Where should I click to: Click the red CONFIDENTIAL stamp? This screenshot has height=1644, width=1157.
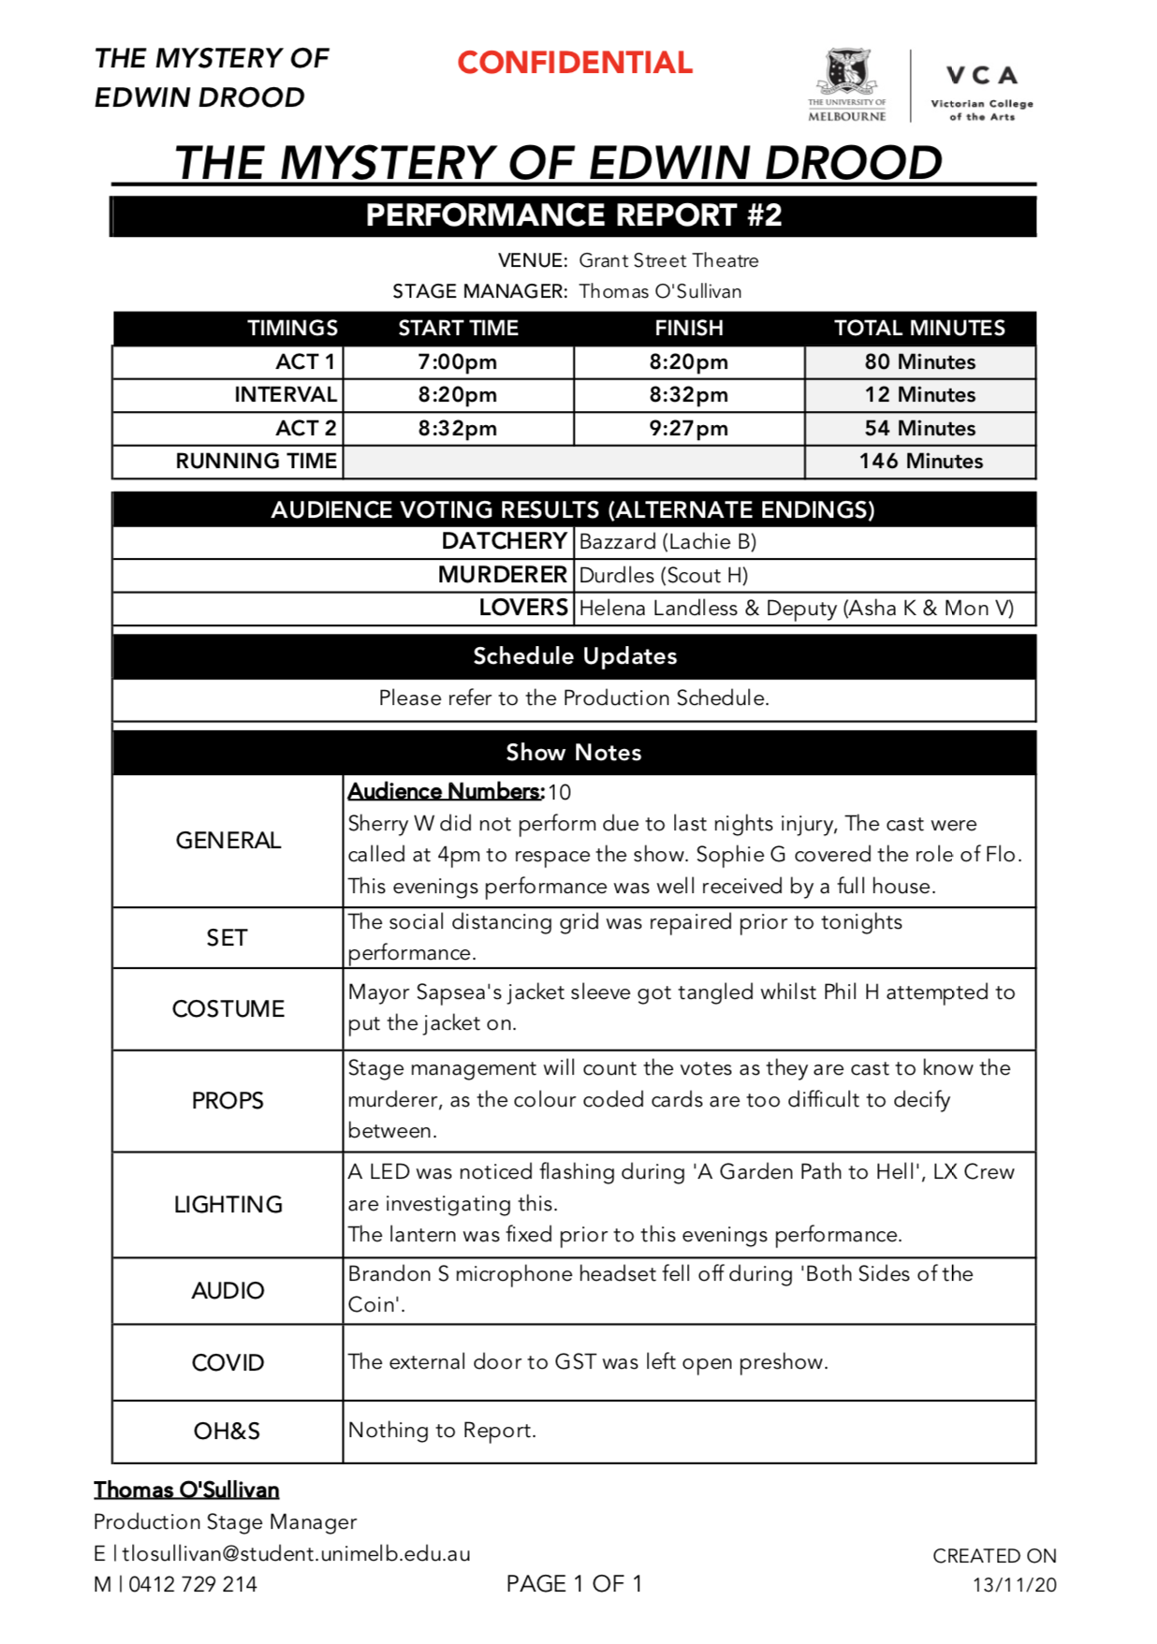click(575, 63)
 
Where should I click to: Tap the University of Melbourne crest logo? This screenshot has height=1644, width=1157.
click(846, 84)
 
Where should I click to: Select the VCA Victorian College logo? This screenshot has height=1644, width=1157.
click(981, 92)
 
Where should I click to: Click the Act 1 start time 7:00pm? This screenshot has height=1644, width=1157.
click(458, 362)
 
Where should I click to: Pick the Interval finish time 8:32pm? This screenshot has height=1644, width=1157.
click(689, 395)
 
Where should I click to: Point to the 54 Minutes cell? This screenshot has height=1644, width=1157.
click(920, 429)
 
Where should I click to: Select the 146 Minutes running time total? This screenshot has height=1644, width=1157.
click(921, 462)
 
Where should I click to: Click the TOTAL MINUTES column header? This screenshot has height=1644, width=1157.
click(919, 329)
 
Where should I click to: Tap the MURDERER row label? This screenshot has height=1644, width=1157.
click(503, 575)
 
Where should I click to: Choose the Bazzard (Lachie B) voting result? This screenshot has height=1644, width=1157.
click(668, 542)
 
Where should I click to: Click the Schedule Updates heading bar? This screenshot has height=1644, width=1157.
click(575, 656)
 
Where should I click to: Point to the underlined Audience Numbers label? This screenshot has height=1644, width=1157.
click(446, 792)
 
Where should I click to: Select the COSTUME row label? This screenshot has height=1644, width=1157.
click(228, 1009)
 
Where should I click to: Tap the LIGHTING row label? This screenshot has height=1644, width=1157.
click(228, 1205)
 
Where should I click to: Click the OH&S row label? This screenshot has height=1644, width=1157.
click(227, 1431)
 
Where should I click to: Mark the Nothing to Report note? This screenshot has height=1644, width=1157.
click(443, 1431)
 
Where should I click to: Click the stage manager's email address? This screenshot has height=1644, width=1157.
click(296, 1554)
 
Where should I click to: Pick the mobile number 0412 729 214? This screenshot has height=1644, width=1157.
click(193, 1585)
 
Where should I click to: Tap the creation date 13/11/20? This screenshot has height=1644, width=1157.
click(1015, 1585)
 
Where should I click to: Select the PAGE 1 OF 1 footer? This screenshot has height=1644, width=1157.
click(574, 1584)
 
